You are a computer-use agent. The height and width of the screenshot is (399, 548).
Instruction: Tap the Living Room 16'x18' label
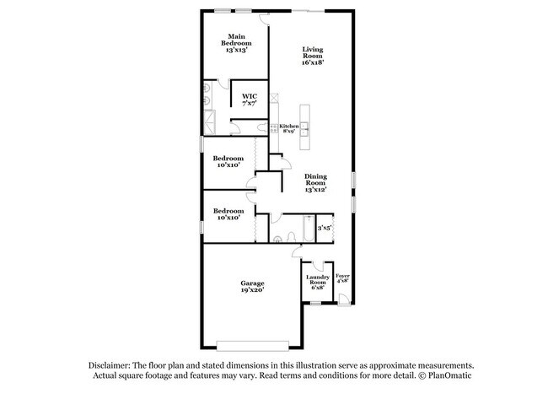click(313, 56)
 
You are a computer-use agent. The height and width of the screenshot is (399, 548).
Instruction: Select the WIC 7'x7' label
click(250, 100)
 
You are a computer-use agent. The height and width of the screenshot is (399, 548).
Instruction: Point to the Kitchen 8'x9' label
click(289, 128)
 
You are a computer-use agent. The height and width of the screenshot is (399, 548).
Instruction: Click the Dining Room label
click(315, 180)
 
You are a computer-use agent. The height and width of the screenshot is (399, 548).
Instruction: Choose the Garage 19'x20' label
click(252, 287)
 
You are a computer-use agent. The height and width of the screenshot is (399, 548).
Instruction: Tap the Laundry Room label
click(318, 279)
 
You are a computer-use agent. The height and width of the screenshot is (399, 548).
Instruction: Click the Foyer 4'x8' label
click(342, 278)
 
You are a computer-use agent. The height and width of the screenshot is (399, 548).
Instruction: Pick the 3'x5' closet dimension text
click(324, 228)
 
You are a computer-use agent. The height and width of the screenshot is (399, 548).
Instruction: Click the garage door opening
click(253, 346)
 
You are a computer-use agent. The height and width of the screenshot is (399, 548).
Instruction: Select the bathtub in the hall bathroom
click(309, 229)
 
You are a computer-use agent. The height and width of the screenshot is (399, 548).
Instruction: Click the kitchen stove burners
click(274, 128)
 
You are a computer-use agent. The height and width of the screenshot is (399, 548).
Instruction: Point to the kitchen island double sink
click(304, 129)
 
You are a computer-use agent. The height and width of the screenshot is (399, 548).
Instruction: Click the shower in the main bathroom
click(210, 122)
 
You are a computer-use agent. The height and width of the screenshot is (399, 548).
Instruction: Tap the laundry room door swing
click(318, 266)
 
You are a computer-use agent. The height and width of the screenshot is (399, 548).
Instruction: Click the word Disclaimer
click(110, 366)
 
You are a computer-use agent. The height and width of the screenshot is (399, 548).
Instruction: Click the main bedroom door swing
click(264, 19)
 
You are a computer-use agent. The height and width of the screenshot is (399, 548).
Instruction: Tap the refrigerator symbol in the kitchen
click(274, 98)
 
